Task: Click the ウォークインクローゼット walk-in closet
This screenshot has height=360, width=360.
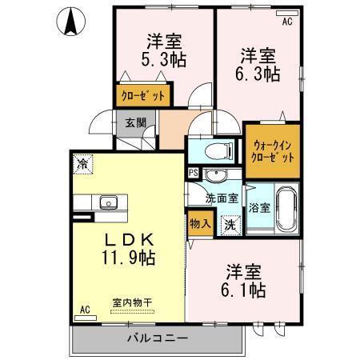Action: [x=273, y=151]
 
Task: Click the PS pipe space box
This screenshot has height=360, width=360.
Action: [x=193, y=172]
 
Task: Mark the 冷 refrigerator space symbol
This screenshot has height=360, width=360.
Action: [x=82, y=164]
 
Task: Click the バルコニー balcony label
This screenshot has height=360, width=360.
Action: [x=157, y=338]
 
